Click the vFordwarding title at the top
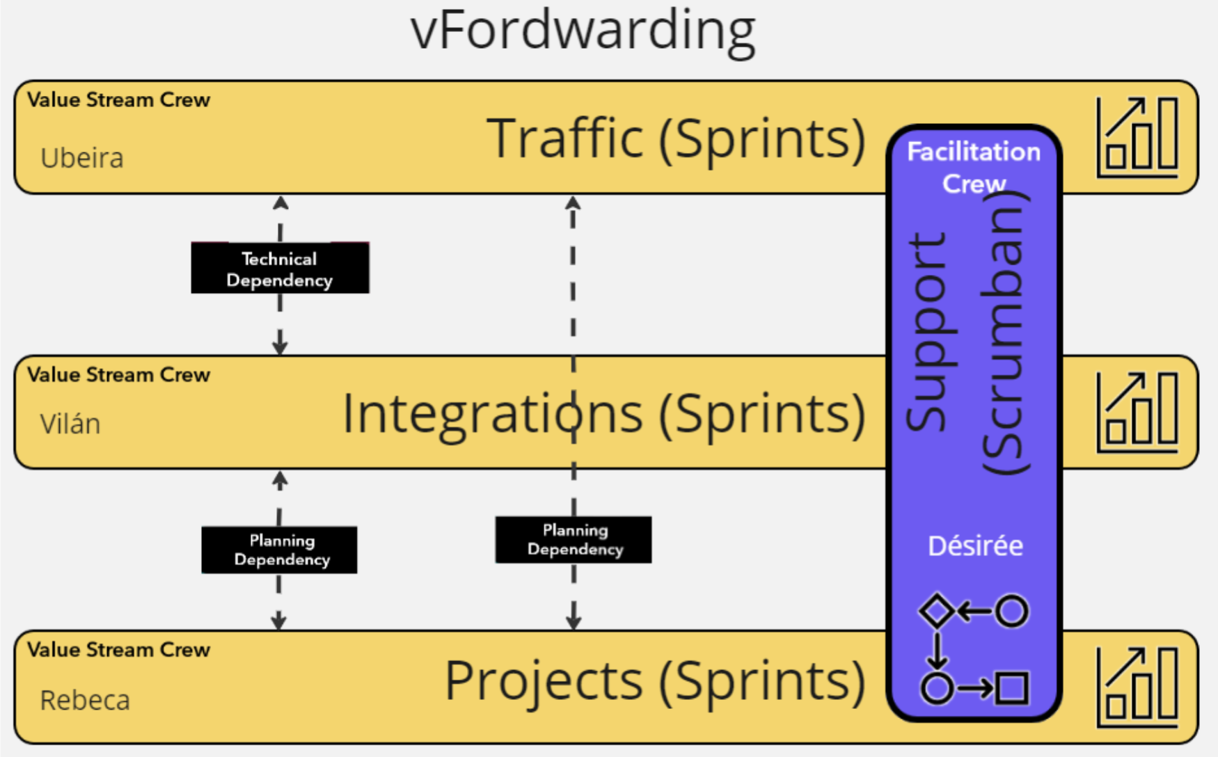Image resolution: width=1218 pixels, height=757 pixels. (583, 31)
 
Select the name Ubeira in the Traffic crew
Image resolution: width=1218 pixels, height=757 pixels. (82, 158)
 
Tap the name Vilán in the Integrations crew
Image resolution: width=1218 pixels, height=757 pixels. (70, 424)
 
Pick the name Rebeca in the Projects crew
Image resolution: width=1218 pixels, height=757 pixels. (85, 700)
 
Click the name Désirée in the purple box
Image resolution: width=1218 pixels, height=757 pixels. (975, 546)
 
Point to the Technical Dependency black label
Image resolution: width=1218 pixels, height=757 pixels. (280, 269)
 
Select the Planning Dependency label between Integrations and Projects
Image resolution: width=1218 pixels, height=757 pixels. (280, 550)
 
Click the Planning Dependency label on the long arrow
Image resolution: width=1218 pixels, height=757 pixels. (574, 539)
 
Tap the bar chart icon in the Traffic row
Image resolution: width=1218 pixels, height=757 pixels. (1137, 137)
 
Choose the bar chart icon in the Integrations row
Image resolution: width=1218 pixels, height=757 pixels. (1137, 412)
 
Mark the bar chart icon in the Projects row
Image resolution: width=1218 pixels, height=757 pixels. (1137, 687)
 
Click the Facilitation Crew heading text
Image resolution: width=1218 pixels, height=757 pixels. (974, 167)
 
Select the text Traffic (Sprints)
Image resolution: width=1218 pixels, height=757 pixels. (675, 138)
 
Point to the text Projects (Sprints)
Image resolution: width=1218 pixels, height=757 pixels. (655, 680)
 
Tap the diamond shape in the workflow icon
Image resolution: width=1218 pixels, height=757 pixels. (937, 611)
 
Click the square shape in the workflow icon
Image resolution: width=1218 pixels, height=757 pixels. (1012, 688)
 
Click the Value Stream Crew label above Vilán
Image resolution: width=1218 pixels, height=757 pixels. (118, 375)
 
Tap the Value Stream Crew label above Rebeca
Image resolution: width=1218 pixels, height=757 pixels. (118, 650)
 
